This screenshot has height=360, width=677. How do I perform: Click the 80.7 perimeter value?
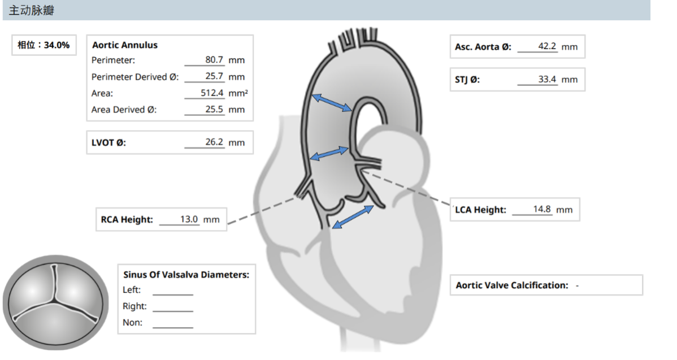point(214,59)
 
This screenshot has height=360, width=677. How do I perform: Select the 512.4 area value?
point(212,93)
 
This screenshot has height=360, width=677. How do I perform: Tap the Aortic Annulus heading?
point(125,45)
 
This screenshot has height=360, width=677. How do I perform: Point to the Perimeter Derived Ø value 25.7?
point(214,76)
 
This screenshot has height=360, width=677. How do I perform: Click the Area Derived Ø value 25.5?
point(214,109)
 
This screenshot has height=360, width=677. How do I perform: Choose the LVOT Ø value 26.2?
point(214,142)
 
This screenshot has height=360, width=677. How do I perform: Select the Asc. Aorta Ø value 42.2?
point(547,46)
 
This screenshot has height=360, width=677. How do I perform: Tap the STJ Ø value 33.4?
point(547,79)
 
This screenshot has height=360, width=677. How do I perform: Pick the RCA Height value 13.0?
point(189,219)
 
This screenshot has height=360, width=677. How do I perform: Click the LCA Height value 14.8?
point(542,209)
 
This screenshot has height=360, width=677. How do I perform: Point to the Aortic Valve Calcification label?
point(512,285)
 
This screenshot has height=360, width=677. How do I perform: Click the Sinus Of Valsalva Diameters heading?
point(186,275)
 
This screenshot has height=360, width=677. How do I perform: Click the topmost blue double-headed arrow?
point(332,103)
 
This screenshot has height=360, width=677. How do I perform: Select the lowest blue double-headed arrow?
point(353,216)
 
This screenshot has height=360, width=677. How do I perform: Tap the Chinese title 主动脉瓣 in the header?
point(32,10)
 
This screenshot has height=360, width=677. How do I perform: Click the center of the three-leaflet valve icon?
point(55,299)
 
